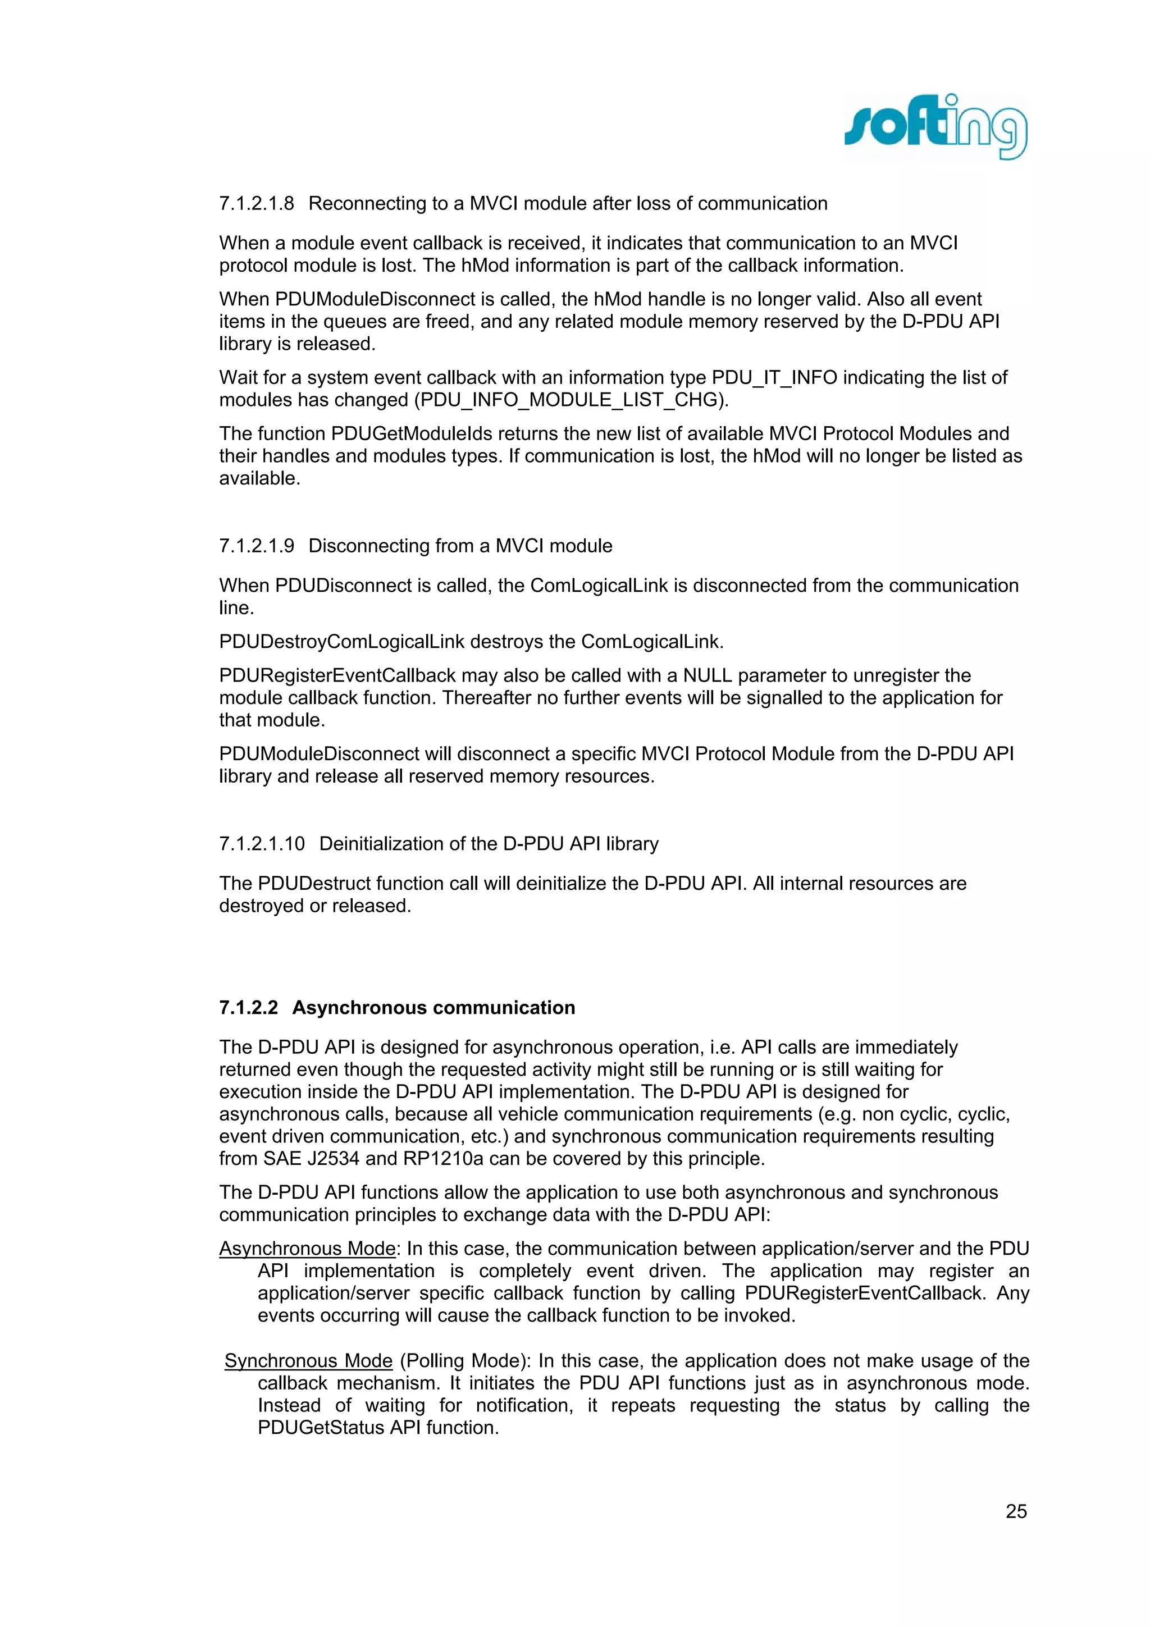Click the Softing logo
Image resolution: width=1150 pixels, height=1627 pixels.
pyautogui.click(x=935, y=127)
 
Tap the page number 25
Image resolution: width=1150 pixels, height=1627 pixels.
pyautogui.click(x=1016, y=1511)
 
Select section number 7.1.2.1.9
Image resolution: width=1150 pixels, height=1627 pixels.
pyautogui.click(x=256, y=546)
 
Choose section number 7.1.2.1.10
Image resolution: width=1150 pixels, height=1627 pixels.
pyautogui.click(x=262, y=843)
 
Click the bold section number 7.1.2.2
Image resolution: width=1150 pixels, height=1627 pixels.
pyautogui.click(x=248, y=1008)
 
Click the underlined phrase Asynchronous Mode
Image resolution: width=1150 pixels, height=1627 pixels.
pyautogui.click(x=307, y=1249)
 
